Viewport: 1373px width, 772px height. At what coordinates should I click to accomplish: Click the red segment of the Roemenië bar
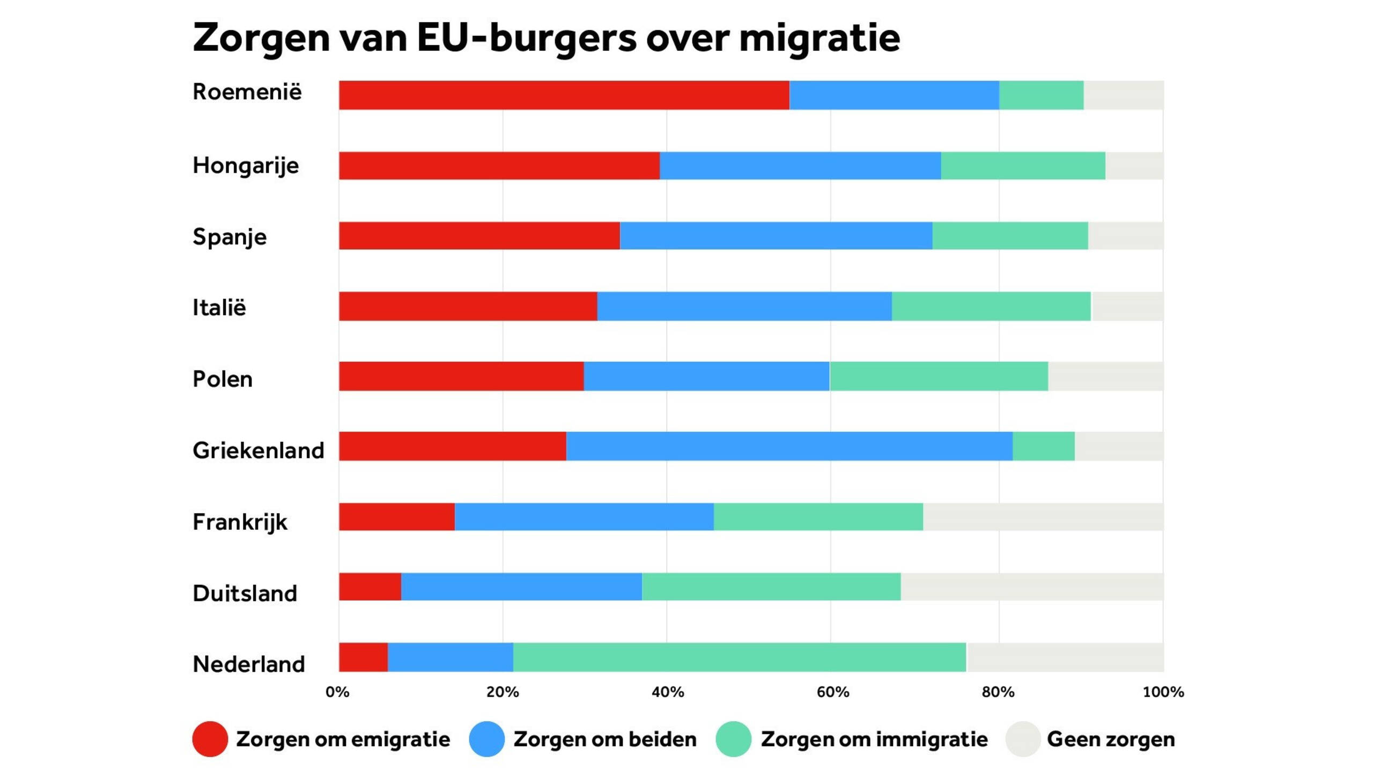563,95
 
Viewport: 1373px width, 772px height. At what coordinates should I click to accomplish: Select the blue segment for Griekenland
789,446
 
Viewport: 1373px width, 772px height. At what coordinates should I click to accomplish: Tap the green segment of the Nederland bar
739,657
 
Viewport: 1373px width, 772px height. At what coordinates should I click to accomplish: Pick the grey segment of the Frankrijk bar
1043,517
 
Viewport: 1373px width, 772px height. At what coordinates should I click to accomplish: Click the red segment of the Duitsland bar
370,587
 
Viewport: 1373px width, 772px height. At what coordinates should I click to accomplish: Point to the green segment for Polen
939,376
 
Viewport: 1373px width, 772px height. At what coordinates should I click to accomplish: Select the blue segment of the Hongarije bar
800,166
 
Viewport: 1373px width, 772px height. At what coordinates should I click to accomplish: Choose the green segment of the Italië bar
991,306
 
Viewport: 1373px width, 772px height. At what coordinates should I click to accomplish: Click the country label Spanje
230,237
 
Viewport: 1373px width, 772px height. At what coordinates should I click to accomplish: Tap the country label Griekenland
258,450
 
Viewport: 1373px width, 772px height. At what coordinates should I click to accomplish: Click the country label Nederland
248,664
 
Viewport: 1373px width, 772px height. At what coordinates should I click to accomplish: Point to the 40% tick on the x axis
667,692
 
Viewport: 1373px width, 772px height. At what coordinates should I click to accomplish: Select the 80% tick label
998,692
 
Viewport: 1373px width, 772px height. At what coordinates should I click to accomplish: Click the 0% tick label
337,692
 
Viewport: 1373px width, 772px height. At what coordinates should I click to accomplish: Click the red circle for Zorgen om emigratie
210,739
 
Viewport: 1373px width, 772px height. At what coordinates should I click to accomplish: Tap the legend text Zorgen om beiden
604,739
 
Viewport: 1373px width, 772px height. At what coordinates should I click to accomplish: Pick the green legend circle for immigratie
733,739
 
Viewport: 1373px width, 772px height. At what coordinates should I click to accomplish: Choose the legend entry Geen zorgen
1110,739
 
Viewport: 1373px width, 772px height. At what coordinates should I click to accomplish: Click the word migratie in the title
819,39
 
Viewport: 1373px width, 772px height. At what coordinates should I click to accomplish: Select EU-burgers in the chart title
527,39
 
